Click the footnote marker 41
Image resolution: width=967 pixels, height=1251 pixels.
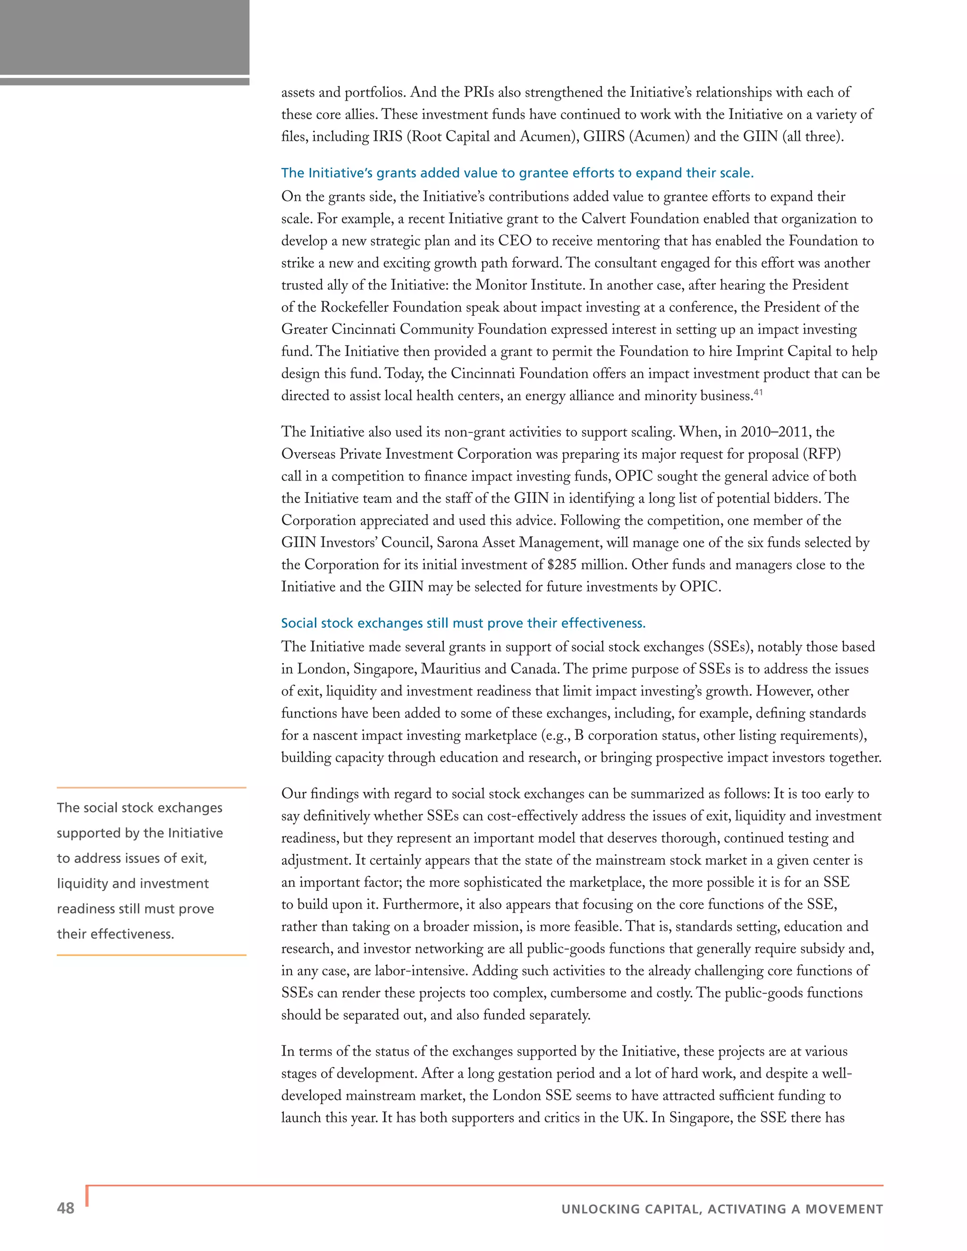[x=758, y=392]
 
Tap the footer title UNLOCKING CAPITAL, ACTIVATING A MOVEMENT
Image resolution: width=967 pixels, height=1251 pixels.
[x=722, y=1209]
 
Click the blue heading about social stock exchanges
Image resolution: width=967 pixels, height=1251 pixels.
[x=463, y=623]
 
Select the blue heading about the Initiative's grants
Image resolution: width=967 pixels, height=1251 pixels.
[x=517, y=173]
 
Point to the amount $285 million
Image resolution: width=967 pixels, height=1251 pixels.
[x=586, y=565]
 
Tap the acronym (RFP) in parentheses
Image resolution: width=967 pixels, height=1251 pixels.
[x=822, y=454]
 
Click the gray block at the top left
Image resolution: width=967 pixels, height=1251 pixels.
[x=124, y=37]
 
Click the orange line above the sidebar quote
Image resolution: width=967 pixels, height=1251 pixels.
[x=151, y=787]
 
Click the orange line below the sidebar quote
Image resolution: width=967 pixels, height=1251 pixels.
[x=151, y=955]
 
